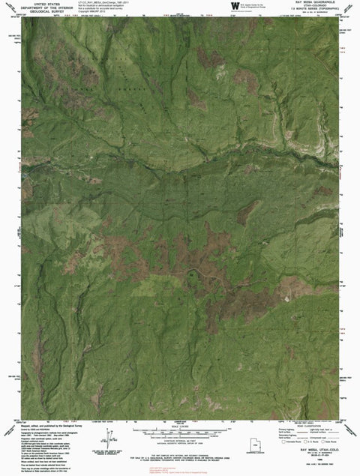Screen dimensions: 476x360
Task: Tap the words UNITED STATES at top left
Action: coord(50,4)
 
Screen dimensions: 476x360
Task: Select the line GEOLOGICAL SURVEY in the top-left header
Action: coord(50,13)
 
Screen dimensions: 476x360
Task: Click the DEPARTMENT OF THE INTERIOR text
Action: coord(50,8)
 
